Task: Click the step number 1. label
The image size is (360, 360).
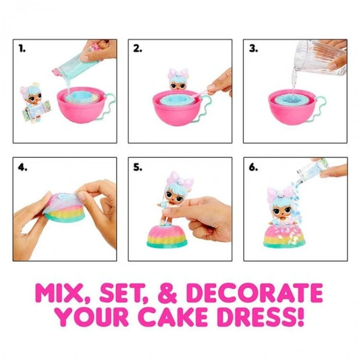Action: pyautogui.click(x=22, y=49)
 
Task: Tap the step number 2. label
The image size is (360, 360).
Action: pyautogui.click(x=137, y=49)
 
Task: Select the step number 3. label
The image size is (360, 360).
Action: pyautogui.click(x=253, y=49)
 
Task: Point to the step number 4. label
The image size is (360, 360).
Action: pyautogui.click(x=22, y=167)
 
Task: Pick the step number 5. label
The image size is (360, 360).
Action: pyautogui.click(x=137, y=167)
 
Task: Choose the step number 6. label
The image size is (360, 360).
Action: pyautogui.click(x=253, y=167)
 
